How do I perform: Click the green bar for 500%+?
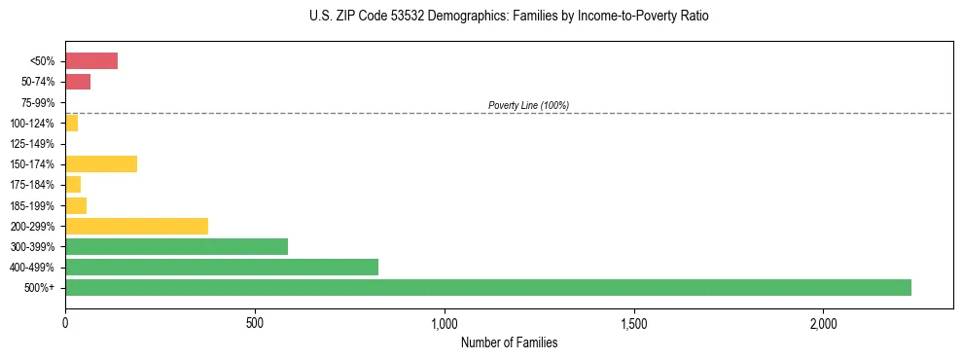[487, 287]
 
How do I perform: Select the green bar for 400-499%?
[222, 267]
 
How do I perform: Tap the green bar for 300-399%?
[176, 246]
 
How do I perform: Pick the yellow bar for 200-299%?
[136, 226]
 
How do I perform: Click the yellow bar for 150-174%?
[101, 163]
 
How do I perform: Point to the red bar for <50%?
[91, 61]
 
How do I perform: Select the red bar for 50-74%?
[78, 82]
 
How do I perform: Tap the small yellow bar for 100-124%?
[71, 123]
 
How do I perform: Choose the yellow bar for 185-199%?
[76, 205]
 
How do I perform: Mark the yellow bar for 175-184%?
[73, 184]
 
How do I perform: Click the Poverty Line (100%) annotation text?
[528, 105]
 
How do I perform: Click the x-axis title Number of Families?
[509, 342]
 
